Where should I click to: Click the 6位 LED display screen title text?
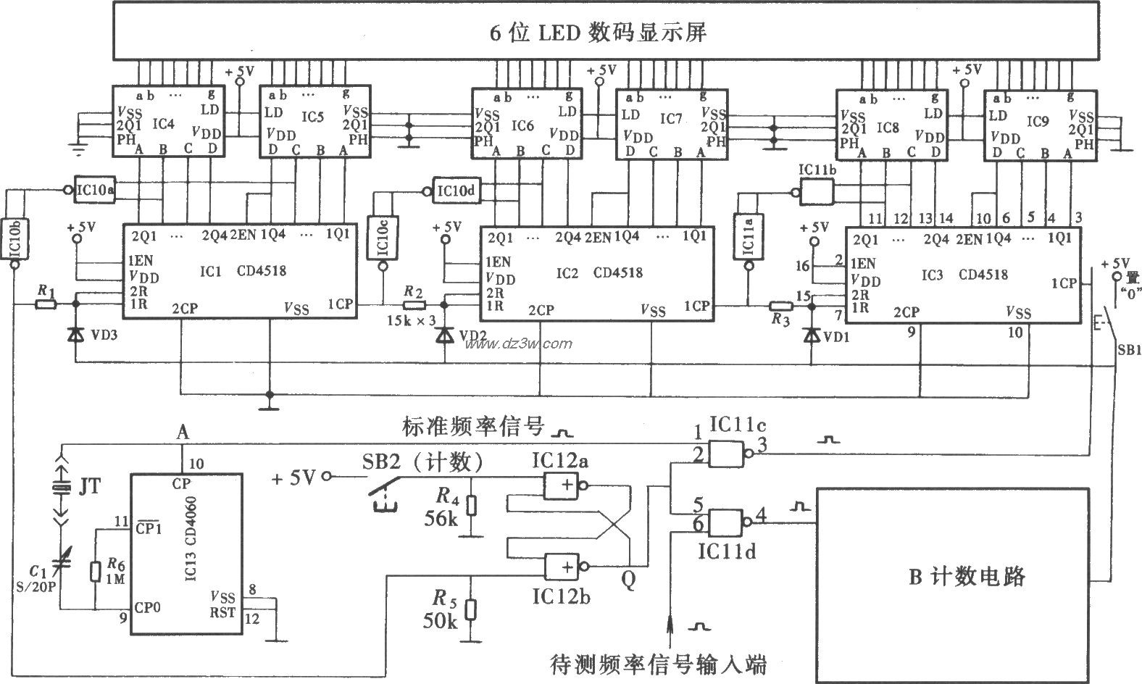pyautogui.click(x=597, y=33)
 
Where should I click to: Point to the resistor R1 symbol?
pyautogui.click(x=46, y=304)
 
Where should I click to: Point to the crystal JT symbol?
pyautogui.click(x=62, y=489)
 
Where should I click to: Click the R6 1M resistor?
pyautogui.click(x=95, y=570)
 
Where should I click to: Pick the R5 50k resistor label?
pyautogui.click(x=439, y=610)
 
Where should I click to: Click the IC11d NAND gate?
pyautogui.click(x=726, y=522)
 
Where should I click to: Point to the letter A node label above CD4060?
pyautogui.click(x=183, y=433)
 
